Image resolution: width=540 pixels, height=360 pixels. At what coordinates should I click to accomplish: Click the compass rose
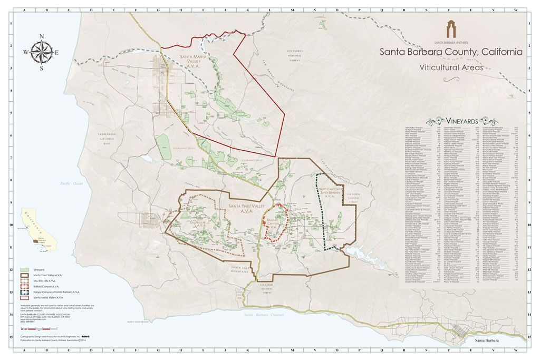pos(41,52)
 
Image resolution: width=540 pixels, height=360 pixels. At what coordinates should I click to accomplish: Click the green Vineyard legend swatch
pos(24,269)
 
